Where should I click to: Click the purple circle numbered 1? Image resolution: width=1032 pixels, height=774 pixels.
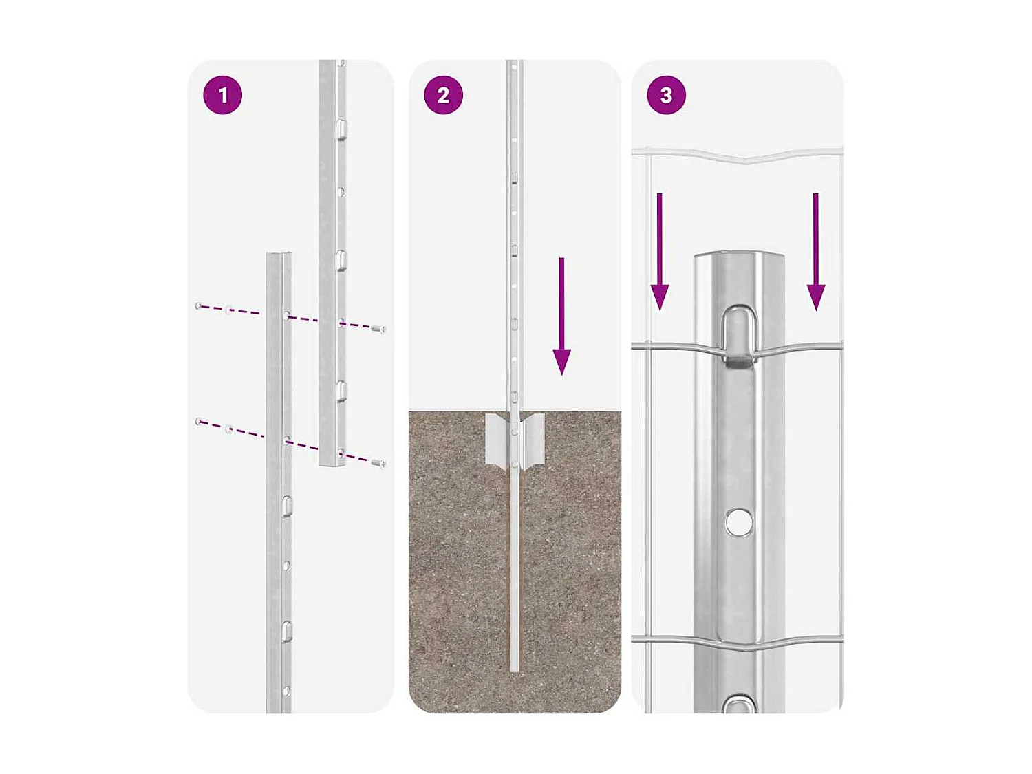pos(222,95)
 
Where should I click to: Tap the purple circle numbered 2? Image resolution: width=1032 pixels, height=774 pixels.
pos(444,95)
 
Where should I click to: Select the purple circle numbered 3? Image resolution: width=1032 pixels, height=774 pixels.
pos(666,95)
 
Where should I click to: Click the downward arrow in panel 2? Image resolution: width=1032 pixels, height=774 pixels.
pos(561,316)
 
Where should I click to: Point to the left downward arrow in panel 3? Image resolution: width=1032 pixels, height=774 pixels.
pos(660,252)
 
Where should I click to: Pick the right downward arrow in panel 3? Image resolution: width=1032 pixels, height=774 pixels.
pos(816,252)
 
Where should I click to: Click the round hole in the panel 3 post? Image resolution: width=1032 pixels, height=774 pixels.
pos(740,522)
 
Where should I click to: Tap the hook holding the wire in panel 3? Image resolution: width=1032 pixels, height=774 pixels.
pos(739,337)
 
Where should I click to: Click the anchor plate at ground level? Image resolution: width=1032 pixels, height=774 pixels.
pos(515,440)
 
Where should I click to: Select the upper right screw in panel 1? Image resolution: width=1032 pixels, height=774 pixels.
pos(378,329)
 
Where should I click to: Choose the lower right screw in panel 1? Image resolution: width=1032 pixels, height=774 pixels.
pos(378,463)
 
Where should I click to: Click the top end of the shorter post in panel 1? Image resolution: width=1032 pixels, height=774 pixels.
pos(279,255)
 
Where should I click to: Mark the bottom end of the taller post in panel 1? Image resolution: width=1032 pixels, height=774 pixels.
pos(332,464)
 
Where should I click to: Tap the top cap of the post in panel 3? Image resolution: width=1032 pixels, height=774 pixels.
pos(739,255)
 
